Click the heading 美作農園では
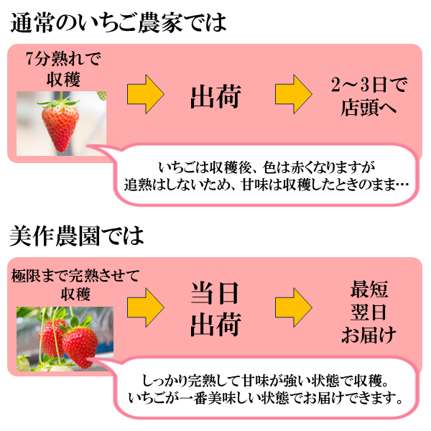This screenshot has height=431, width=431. pos(78,235)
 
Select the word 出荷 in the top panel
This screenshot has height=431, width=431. pos(215,97)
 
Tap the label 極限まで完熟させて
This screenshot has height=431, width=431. pos(75,275)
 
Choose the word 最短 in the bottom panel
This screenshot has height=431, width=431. pos(369,290)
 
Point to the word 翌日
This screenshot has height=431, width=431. pos(369,312)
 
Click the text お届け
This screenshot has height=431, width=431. pos(369,335)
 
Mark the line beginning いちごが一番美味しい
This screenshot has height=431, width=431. pos(266,398)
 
